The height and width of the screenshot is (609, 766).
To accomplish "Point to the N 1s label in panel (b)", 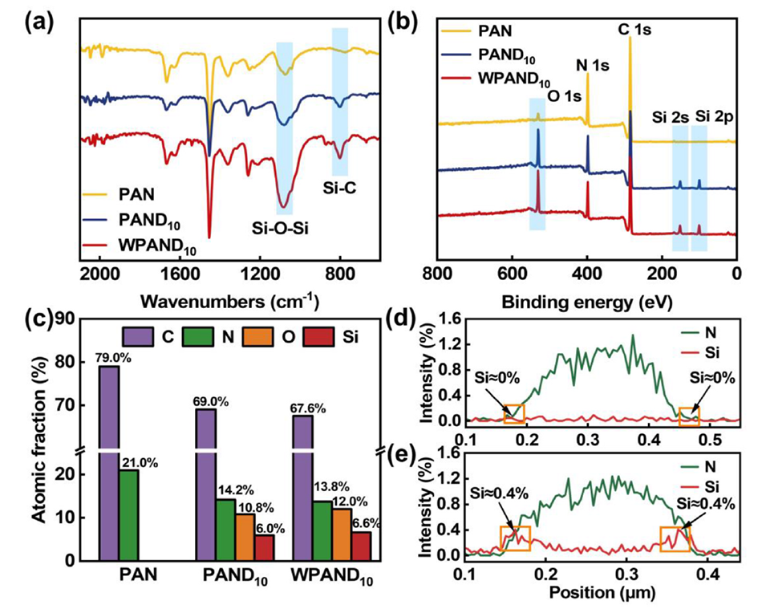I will (x=589, y=64).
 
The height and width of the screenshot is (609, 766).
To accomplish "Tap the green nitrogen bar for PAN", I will (x=129, y=514).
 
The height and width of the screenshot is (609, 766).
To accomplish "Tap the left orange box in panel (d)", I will (x=513, y=414).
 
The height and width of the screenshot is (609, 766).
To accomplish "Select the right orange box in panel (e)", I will (x=674, y=538).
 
